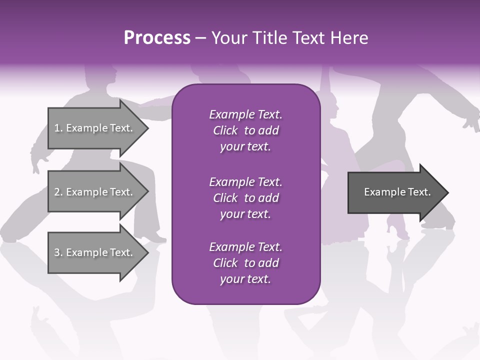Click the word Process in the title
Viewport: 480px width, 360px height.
pyautogui.click(x=157, y=38)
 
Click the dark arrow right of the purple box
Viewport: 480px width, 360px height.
pyautogui.click(x=395, y=192)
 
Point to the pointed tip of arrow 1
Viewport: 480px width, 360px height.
pyautogui.click(x=147, y=128)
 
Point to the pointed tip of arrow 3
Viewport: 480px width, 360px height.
pyautogui.click(x=147, y=252)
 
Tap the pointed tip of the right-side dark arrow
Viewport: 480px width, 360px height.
pyautogui.click(x=447, y=192)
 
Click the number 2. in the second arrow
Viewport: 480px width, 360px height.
pyautogui.click(x=58, y=192)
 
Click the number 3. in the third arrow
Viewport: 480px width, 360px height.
pyautogui.click(x=58, y=252)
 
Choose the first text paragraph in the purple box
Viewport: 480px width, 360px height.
pyautogui.click(x=245, y=130)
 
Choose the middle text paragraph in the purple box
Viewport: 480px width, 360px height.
pyautogui.click(x=245, y=198)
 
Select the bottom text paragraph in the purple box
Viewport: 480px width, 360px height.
pyautogui.click(x=245, y=263)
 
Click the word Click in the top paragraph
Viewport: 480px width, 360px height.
pyautogui.click(x=225, y=130)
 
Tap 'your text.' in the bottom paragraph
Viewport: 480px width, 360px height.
pyautogui.click(x=245, y=279)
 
